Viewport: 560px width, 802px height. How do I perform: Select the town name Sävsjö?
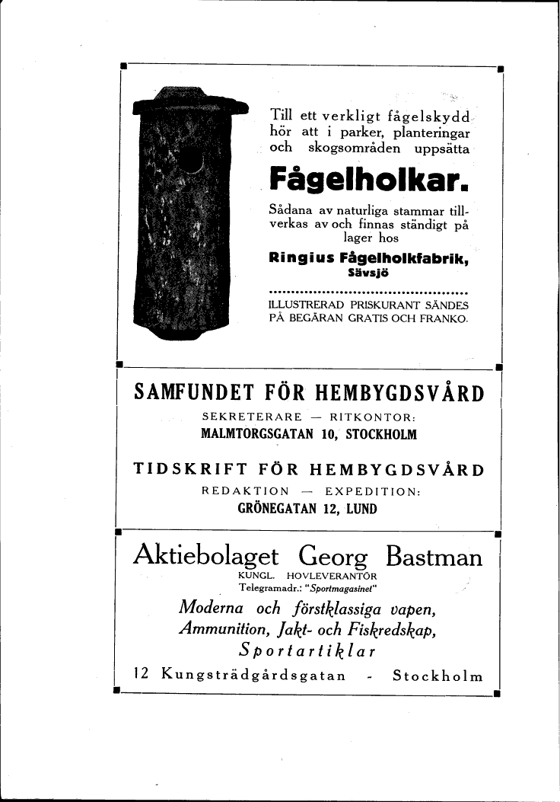pyautogui.click(x=369, y=273)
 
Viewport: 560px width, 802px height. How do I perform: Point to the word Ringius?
pyautogui.click(x=297, y=258)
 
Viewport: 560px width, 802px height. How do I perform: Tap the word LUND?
pyautogui.click(x=361, y=509)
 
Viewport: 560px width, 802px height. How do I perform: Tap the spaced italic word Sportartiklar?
pyautogui.click(x=307, y=651)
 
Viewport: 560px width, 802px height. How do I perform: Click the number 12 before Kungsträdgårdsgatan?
pyautogui.click(x=140, y=674)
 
